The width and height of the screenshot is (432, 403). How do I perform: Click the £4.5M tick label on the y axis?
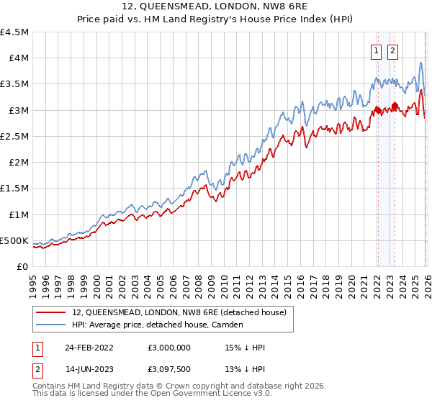14,32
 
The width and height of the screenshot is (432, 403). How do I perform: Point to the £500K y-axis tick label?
14,240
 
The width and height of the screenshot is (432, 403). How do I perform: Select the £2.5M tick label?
14,136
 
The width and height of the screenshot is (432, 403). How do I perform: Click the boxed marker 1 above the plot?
377,50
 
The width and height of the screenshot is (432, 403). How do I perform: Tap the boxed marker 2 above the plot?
392,50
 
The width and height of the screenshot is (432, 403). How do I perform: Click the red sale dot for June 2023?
395,105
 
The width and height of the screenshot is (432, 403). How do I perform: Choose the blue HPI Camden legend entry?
159,325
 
